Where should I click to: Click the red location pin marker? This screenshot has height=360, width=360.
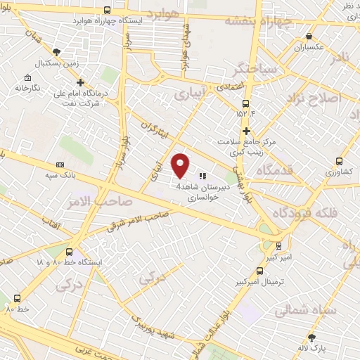click(181, 165)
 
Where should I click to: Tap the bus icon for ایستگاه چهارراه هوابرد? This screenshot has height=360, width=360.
click(107, 11)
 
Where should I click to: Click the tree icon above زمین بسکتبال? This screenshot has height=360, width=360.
click(56, 51)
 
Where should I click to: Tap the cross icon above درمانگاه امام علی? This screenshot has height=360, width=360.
click(81, 83)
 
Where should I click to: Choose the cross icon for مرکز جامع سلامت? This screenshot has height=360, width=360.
click(246, 131)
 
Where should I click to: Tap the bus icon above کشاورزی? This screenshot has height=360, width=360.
click(340, 160)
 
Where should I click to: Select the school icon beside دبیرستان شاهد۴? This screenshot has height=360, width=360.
click(202, 176)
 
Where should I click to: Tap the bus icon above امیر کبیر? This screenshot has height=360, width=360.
click(278, 247)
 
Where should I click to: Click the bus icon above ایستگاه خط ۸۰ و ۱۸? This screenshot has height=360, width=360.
click(69, 252)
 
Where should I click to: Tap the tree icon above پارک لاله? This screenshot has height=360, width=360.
click(312, 337)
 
